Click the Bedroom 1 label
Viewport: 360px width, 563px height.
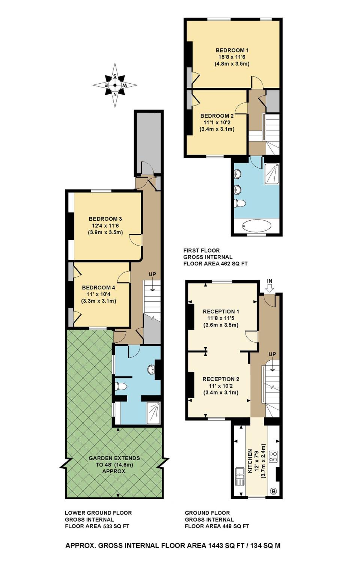coord(232,50)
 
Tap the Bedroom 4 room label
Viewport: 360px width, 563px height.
coord(98,288)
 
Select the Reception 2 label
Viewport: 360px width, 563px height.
coord(221,379)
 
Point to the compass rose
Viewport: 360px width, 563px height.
coord(115,85)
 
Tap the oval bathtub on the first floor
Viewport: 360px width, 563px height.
coord(257,225)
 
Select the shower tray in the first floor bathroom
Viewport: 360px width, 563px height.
coord(271,174)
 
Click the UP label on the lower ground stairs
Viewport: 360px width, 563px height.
coord(152,274)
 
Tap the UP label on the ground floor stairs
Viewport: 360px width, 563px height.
coord(272,354)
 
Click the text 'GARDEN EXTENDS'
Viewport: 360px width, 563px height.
coord(114,458)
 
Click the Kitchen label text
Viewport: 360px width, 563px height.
coord(250,461)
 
